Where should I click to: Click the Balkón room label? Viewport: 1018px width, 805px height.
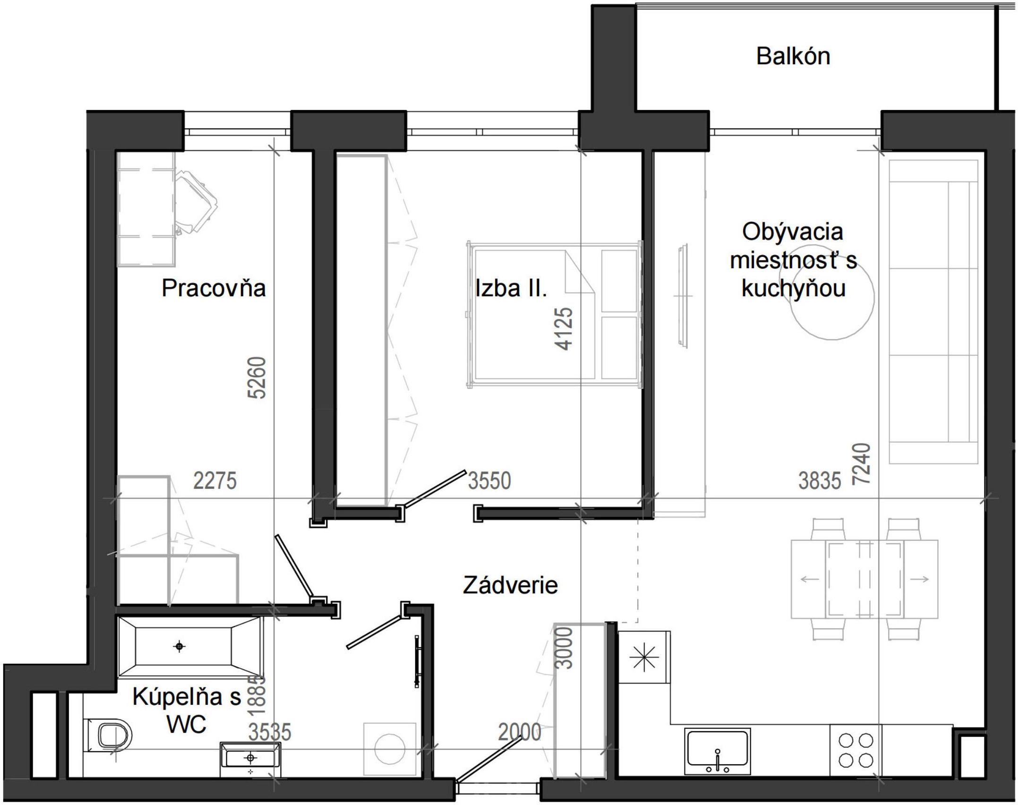(x=793, y=56)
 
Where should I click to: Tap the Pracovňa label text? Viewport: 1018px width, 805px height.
(x=214, y=288)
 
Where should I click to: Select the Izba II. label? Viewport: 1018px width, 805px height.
(x=511, y=288)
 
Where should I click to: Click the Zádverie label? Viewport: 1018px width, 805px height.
(x=510, y=585)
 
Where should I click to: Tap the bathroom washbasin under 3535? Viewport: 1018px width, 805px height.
(x=250, y=758)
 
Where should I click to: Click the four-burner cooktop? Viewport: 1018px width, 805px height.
(x=855, y=750)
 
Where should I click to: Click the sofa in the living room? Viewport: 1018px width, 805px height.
(x=933, y=312)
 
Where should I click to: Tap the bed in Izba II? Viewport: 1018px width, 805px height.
(x=555, y=316)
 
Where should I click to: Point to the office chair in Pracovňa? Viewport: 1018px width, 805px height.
(x=195, y=203)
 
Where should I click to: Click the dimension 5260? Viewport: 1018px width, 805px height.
(x=258, y=378)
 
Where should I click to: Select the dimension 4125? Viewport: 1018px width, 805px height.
(x=564, y=329)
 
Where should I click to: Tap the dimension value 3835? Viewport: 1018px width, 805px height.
(x=820, y=481)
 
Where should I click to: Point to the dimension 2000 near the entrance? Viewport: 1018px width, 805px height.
(x=520, y=732)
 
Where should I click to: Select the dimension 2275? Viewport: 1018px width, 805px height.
(x=215, y=481)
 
